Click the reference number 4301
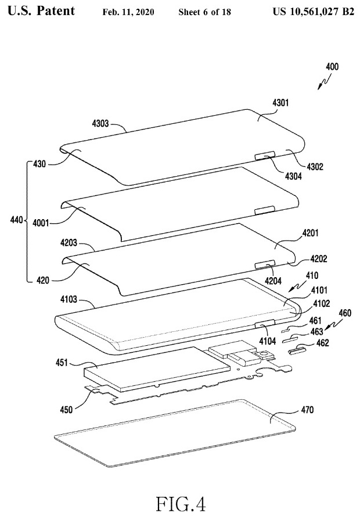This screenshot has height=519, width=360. click(280, 102)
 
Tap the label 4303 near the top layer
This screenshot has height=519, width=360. click(101, 123)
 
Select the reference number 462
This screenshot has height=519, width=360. click(322, 343)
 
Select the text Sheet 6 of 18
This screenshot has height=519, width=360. click(201, 12)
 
